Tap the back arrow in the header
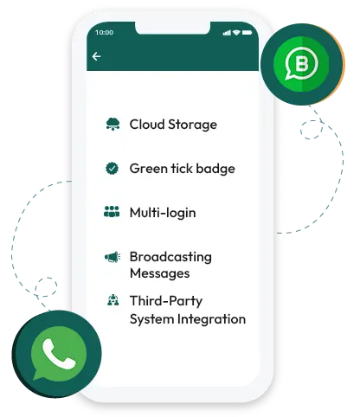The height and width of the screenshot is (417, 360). pos(96,56)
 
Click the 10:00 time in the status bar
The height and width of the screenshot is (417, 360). pos(104,32)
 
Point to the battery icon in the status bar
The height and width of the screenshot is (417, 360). pos(247,33)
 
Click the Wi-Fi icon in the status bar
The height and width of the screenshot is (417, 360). pos(236,33)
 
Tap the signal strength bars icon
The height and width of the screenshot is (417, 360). pos(227,33)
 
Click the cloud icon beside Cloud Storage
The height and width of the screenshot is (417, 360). pos(112,124)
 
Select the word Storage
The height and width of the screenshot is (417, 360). pos(192,125)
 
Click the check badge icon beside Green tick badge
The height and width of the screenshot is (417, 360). pos(112,169)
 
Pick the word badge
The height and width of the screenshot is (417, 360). pos(215,169)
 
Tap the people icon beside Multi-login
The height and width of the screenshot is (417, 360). pos(112,211)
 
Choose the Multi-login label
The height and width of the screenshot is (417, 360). pos(163,213)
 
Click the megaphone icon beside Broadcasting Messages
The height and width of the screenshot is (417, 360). pos(112,257)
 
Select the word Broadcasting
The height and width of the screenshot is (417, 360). pos(170,257)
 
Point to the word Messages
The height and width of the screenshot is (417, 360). pos(160,273)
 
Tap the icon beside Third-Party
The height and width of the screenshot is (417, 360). pos(112,300)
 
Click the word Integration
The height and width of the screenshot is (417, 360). pos(211,319)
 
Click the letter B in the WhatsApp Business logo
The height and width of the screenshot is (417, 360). pos(302,63)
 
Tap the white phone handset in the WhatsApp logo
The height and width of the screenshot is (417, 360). pos(59,354)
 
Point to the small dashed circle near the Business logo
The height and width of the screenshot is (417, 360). pos(312,130)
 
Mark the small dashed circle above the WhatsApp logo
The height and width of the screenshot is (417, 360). pos(46,287)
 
